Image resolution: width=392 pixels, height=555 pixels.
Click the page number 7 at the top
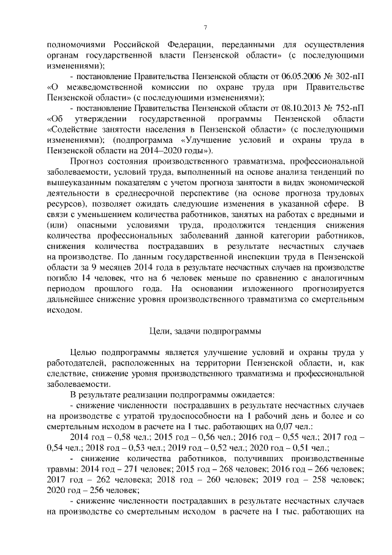coord(205,26)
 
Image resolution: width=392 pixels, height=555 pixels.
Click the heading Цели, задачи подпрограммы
coord(205,331)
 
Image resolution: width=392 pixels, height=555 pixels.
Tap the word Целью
coord(86,353)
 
